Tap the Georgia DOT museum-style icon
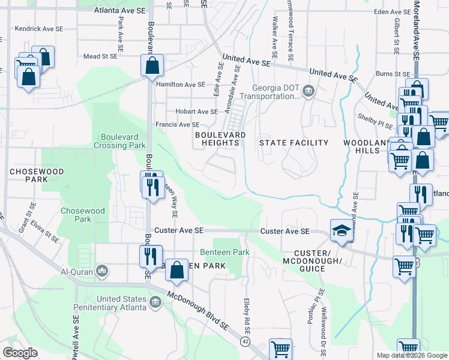click(309, 91)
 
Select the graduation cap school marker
click(341, 230)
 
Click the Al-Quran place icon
click(101, 272)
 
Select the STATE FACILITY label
click(294, 143)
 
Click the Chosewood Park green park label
click(82, 215)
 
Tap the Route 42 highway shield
click(246, 341)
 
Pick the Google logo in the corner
click(20, 352)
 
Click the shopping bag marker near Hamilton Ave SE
click(152, 65)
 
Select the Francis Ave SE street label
click(177, 125)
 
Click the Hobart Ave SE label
click(196, 112)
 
